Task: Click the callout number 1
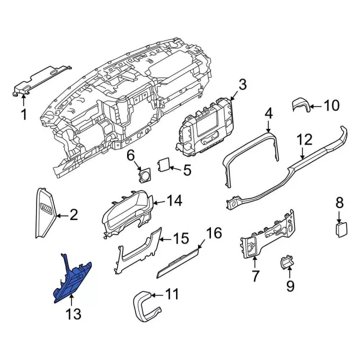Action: [x=24, y=115]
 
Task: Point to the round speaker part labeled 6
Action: [x=145, y=175]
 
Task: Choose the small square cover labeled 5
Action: [x=164, y=164]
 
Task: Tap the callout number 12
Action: [x=304, y=139]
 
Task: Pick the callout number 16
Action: [x=214, y=233]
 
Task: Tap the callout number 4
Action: [x=269, y=114]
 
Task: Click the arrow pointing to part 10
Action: [x=315, y=105]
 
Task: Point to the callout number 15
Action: [x=179, y=239]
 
